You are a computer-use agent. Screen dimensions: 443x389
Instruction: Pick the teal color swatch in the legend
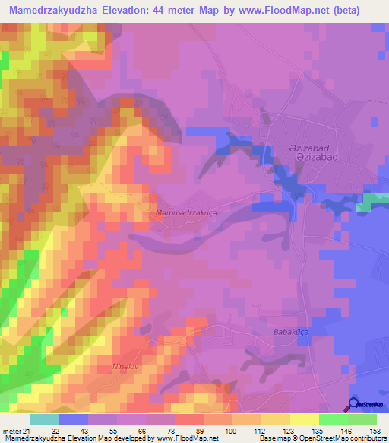point(44,419)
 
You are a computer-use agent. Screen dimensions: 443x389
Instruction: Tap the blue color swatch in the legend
point(73,419)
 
